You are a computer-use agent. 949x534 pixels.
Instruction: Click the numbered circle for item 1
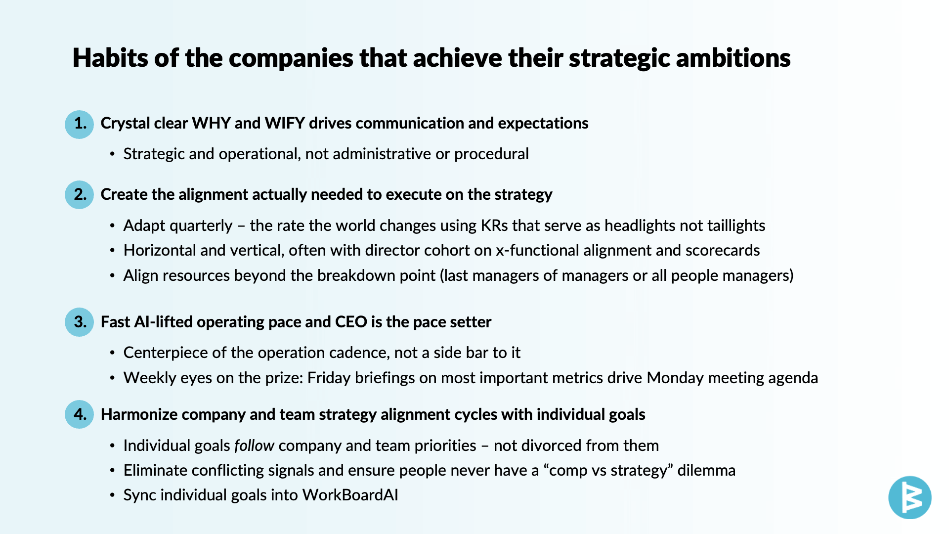(80, 124)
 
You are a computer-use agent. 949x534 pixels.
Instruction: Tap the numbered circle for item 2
(80, 195)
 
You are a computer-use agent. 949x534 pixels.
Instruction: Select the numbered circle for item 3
(80, 322)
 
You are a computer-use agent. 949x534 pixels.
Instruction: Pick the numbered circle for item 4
(80, 414)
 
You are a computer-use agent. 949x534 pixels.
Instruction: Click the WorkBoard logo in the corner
(910, 497)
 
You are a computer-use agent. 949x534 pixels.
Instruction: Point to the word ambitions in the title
(733, 58)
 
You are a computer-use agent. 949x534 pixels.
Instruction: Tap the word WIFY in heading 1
(285, 123)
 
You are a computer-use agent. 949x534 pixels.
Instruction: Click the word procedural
(491, 154)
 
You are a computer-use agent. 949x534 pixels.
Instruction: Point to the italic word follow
(254, 445)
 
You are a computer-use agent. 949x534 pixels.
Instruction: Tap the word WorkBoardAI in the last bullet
(350, 495)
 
